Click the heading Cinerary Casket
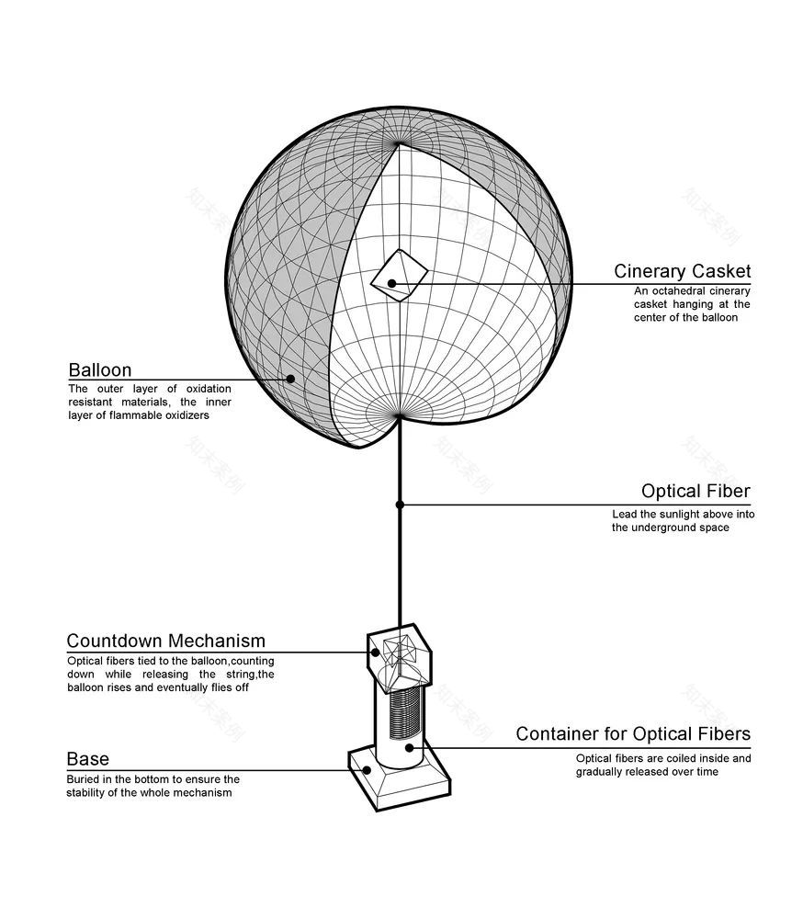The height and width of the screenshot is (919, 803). [683, 271]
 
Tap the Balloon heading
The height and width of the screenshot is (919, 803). [99, 369]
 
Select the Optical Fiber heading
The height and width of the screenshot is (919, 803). [696, 491]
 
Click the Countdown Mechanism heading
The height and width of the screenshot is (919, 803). [166, 641]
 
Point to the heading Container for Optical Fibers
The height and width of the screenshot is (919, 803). [633, 733]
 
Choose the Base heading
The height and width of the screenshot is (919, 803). [88, 759]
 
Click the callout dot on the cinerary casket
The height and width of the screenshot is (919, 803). [391, 284]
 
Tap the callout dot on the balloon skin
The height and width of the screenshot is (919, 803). [290, 379]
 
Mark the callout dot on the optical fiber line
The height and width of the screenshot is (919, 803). [400, 505]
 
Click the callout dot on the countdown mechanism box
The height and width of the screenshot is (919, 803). [375, 652]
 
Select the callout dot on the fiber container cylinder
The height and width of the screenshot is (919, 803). [409, 748]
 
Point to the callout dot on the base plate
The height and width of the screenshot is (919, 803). [367, 770]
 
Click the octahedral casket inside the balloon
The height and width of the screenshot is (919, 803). [399, 276]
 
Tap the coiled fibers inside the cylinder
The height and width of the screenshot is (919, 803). [405, 713]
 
